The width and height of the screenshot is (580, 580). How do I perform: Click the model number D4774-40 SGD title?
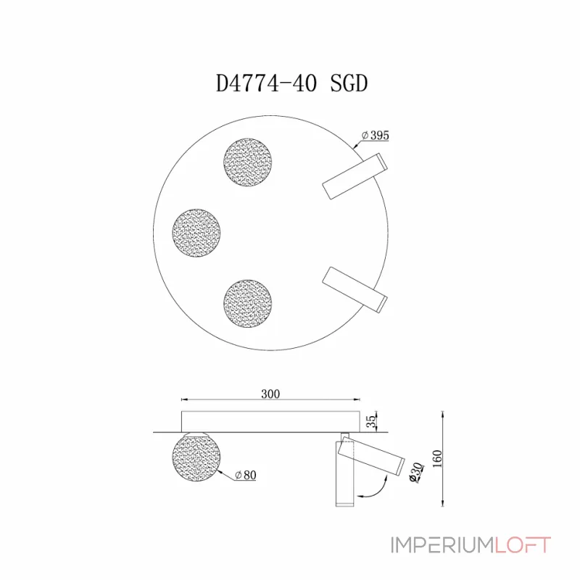[x=292, y=83]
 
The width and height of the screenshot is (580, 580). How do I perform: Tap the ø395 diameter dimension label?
[x=376, y=136]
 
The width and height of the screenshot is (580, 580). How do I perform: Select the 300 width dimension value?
[x=270, y=394]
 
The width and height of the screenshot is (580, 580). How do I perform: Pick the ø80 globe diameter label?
[x=246, y=476]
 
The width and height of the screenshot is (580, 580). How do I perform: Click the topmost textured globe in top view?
[x=248, y=162]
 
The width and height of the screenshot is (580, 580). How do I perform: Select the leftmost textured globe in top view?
[x=196, y=232]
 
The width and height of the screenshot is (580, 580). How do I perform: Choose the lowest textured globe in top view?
[x=248, y=302]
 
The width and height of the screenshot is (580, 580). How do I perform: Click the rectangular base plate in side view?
[x=270, y=420]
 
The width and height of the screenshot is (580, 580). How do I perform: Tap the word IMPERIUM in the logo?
[x=431, y=545]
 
